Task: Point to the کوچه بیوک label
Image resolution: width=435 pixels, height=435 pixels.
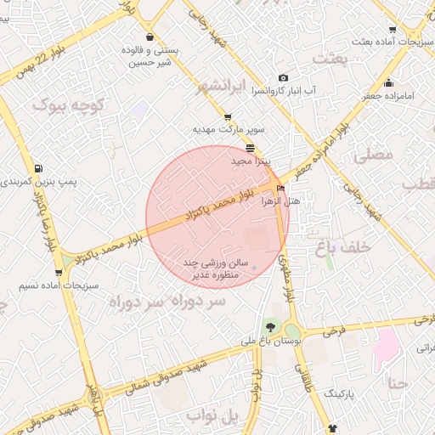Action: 69,105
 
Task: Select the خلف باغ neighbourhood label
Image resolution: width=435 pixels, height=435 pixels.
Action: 343,246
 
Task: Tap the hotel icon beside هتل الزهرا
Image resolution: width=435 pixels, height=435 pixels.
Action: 281,189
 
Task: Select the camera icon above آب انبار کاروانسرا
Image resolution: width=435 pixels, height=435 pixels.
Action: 282,77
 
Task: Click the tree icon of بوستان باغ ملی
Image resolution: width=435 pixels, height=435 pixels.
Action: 270,327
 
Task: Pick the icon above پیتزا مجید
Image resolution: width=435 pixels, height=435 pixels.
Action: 249,148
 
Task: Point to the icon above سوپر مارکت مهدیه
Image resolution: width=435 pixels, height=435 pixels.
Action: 228,118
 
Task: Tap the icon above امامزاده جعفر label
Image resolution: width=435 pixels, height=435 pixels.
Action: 389,83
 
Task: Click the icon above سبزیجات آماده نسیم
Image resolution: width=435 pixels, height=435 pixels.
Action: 59,273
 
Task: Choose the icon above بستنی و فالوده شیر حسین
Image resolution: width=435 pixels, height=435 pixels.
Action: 150,37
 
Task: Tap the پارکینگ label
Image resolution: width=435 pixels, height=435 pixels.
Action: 342,395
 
